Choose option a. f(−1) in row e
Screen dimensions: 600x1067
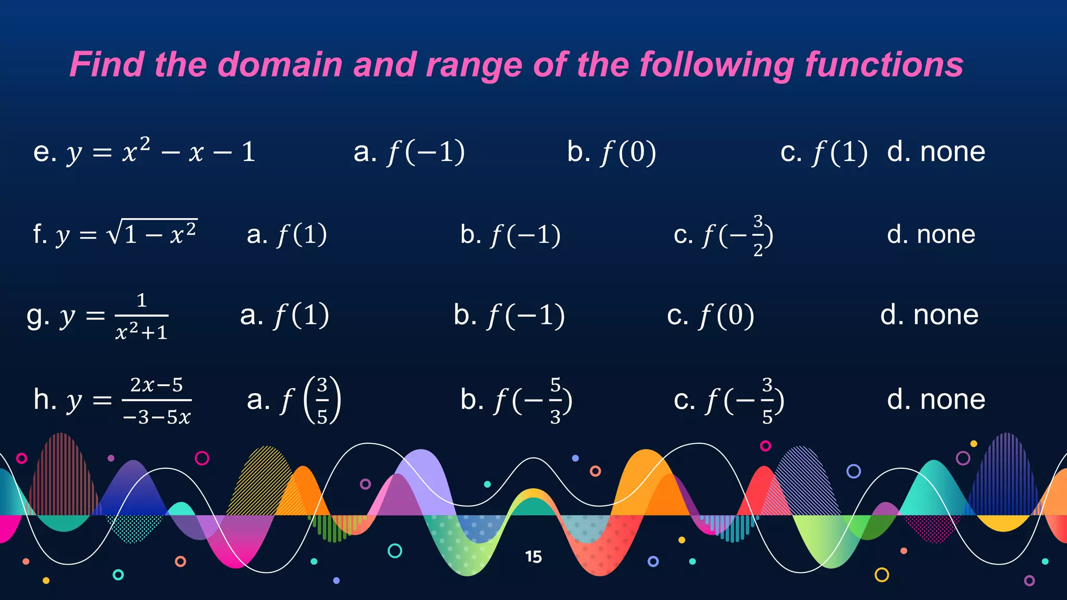tap(409, 152)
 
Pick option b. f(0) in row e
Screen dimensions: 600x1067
tap(612, 152)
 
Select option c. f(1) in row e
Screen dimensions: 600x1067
tap(824, 152)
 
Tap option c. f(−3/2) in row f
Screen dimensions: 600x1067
tap(723, 235)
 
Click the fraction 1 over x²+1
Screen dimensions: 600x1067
tap(141, 316)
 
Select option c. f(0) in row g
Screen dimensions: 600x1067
tap(711, 316)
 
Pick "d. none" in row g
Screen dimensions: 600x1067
tap(929, 315)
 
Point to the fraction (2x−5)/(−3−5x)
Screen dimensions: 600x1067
tap(157, 401)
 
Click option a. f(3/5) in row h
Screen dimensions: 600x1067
tap(294, 400)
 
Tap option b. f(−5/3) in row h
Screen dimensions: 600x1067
tap(516, 401)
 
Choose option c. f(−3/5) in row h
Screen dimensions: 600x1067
tap(729, 401)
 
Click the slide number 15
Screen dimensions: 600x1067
tap(533, 557)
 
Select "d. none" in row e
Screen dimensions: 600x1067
tap(936, 152)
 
